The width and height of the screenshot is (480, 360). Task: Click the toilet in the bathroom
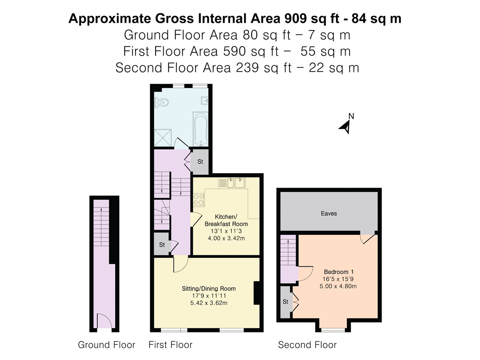pos(162,102)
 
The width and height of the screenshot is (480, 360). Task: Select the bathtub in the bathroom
pos(201,129)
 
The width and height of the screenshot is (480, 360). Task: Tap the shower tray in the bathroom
pos(163,138)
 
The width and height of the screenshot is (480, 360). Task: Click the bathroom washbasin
pos(204,101)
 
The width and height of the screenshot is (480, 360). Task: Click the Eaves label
pos(329,213)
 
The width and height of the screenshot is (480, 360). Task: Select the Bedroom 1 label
pos(338,272)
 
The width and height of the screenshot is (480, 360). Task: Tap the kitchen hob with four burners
pos(199,200)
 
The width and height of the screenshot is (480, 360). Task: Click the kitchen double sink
pos(236,183)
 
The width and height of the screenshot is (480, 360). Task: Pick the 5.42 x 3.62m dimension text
pos(209,303)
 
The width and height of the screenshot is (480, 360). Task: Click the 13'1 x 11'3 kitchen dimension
pos(226,231)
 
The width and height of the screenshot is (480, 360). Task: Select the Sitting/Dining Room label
pos(209,288)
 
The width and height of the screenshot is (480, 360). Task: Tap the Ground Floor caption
pos(106,345)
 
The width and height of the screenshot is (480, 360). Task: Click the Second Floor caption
pos(307,345)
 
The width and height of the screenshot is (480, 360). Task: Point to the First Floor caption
pos(170,345)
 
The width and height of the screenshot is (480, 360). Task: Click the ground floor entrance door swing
pos(104,321)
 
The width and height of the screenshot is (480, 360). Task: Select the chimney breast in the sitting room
pos(256,293)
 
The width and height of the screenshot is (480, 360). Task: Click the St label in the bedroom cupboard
pos(285,302)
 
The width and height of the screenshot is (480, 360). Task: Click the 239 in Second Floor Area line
pos(247,68)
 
